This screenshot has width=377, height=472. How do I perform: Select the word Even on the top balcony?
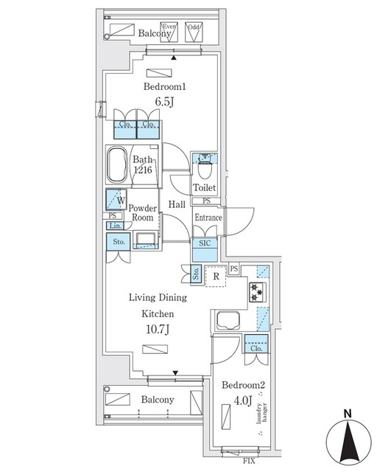[x=171, y=27]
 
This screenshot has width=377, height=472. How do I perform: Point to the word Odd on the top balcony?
[x=194, y=27]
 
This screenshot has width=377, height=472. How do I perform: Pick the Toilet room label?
[x=205, y=188]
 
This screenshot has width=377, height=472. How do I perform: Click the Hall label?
[x=176, y=204]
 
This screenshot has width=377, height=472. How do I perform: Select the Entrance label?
[x=208, y=218]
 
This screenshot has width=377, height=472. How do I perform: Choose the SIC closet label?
[x=204, y=243]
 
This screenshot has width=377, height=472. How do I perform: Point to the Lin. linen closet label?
[x=114, y=226]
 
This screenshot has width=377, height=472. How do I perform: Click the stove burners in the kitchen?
[x=258, y=291]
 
